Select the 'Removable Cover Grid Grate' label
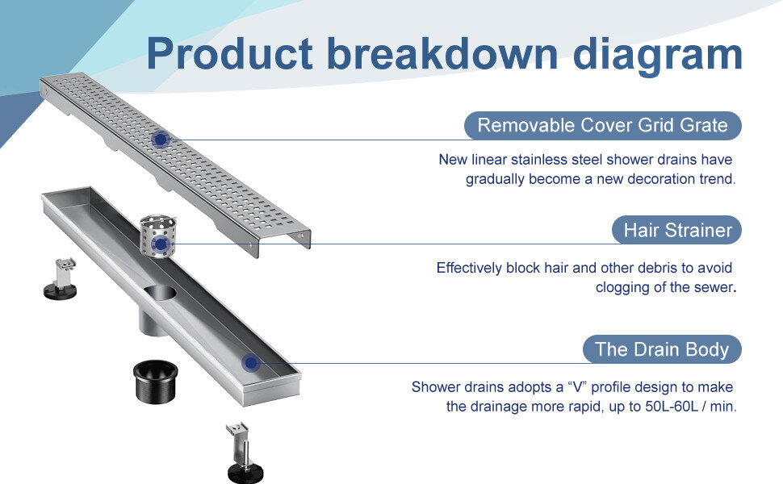(x=602, y=125)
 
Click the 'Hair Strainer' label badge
(x=677, y=231)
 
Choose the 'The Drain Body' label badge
(x=661, y=349)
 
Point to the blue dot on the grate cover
(x=161, y=139)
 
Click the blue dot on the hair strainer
(x=161, y=244)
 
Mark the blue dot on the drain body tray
(x=251, y=363)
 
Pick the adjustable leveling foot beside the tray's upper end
(x=61, y=278)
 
